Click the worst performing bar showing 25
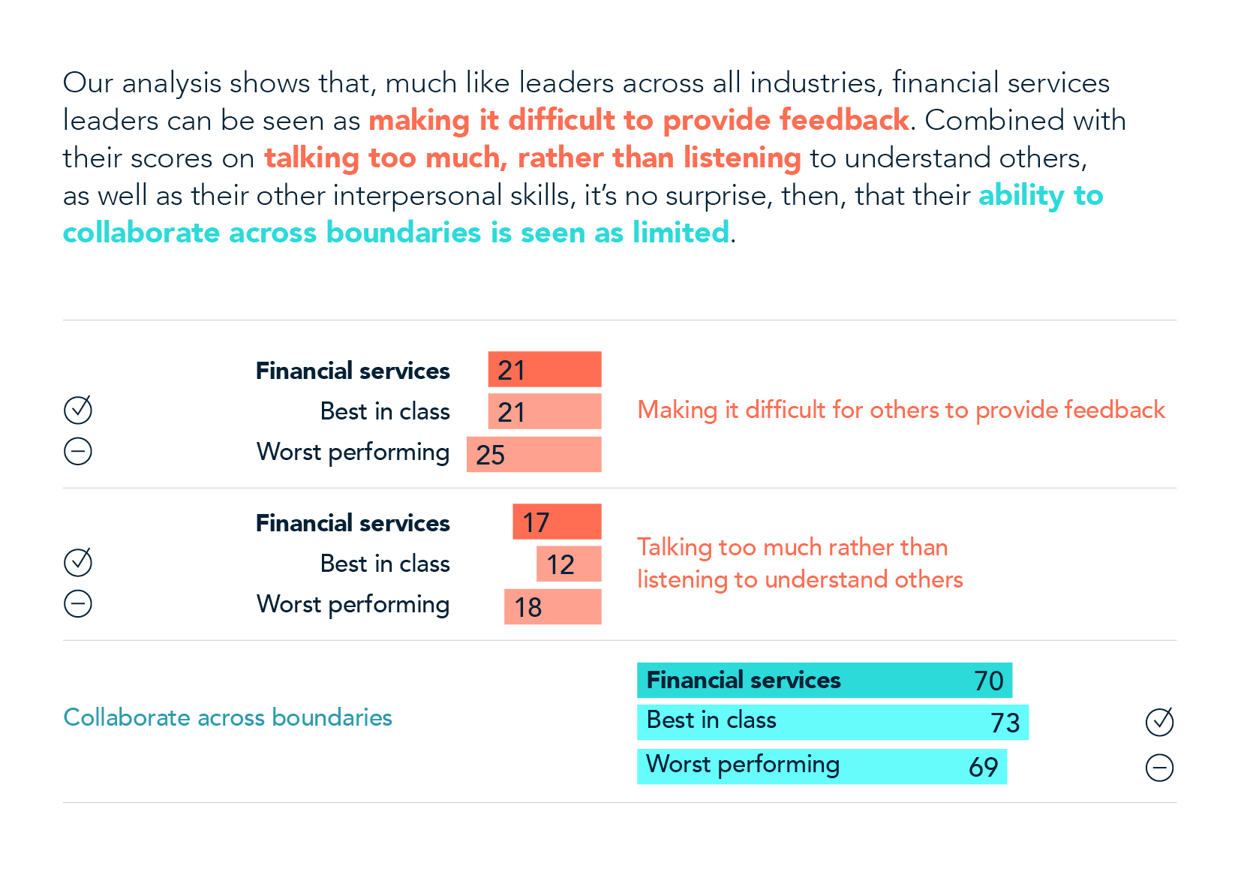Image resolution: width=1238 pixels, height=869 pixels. pyautogui.click(x=533, y=455)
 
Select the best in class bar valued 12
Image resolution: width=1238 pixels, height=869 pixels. pyautogui.click(x=569, y=564)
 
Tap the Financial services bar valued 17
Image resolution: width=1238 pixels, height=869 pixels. pyautogui.click(x=557, y=522)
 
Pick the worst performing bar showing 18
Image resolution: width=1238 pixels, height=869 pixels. pyautogui.click(x=552, y=607)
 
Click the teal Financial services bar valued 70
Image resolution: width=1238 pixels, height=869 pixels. pyautogui.click(x=824, y=681)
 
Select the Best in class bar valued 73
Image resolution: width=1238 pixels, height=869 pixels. pyautogui.click(x=832, y=722)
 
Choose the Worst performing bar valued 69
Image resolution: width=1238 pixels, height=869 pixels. pyautogui.click(x=822, y=766)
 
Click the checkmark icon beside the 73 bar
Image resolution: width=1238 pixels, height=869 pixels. pyautogui.click(x=1159, y=722)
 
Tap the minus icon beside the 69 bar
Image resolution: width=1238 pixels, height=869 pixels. pyautogui.click(x=1159, y=768)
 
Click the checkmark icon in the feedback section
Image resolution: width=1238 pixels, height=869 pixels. pyautogui.click(x=78, y=410)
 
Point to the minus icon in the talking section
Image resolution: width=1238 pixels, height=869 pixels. pyautogui.click(x=78, y=603)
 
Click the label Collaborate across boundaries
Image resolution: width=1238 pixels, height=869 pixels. pyautogui.click(x=227, y=717)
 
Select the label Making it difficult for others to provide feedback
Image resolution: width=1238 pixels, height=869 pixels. pyautogui.click(x=900, y=410)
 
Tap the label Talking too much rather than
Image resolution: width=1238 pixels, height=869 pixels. pyautogui.click(x=792, y=548)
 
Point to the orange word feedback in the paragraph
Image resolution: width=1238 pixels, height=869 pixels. pyautogui.click(x=844, y=121)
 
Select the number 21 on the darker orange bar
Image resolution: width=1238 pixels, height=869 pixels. pyautogui.click(x=511, y=370)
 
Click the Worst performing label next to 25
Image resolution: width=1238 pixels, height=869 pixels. pyautogui.click(x=353, y=453)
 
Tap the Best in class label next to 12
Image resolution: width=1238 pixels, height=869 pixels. pyautogui.click(x=384, y=564)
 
